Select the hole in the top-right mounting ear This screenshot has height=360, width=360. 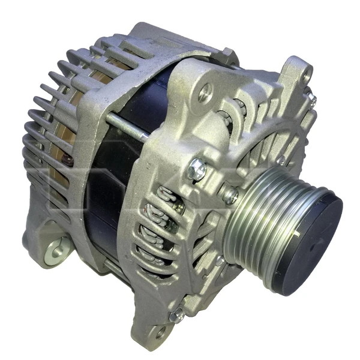307,74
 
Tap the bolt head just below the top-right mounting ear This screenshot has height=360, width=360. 312,100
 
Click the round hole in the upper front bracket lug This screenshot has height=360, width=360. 206,92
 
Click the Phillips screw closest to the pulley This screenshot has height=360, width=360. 229,194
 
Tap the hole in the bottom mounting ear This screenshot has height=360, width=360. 160,330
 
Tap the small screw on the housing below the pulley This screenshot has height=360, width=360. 221,260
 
